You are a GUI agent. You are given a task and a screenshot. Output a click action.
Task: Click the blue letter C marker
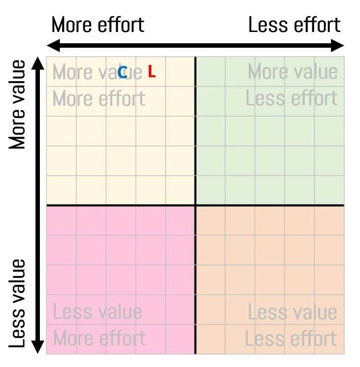pyautogui.click(x=123, y=73)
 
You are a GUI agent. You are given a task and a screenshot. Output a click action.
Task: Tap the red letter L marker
pyautogui.click(x=152, y=72)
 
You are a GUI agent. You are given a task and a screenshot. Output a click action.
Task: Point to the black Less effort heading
pyautogui.click(x=294, y=25)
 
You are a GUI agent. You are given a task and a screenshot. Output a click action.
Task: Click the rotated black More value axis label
pyautogui.click(x=18, y=104)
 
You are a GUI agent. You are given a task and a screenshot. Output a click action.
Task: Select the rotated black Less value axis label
pyautogui.click(x=18, y=303)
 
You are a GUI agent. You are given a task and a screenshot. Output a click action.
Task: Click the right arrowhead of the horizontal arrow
pyautogui.click(x=340, y=46)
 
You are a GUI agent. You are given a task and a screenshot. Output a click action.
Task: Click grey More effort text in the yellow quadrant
pyautogui.click(x=98, y=99)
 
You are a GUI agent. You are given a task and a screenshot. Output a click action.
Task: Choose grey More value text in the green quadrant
pyautogui.click(x=293, y=72)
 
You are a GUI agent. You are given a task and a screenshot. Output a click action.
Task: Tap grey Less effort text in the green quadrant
pyautogui.click(x=292, y=98)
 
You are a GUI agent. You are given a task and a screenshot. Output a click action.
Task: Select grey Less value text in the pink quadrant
pyautogui.click(x=97, y=312)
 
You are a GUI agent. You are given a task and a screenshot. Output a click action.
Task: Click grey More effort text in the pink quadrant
pyautogui.click(x=99, y=338)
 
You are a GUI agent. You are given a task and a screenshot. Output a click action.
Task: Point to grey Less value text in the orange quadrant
pyautogui.click(x=292, y=312)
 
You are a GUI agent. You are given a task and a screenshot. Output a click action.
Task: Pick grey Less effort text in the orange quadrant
pyautogui.click(x=291, y=338)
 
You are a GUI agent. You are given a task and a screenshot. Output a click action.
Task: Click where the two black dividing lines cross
pyautogui.click(x=196, y=205)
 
